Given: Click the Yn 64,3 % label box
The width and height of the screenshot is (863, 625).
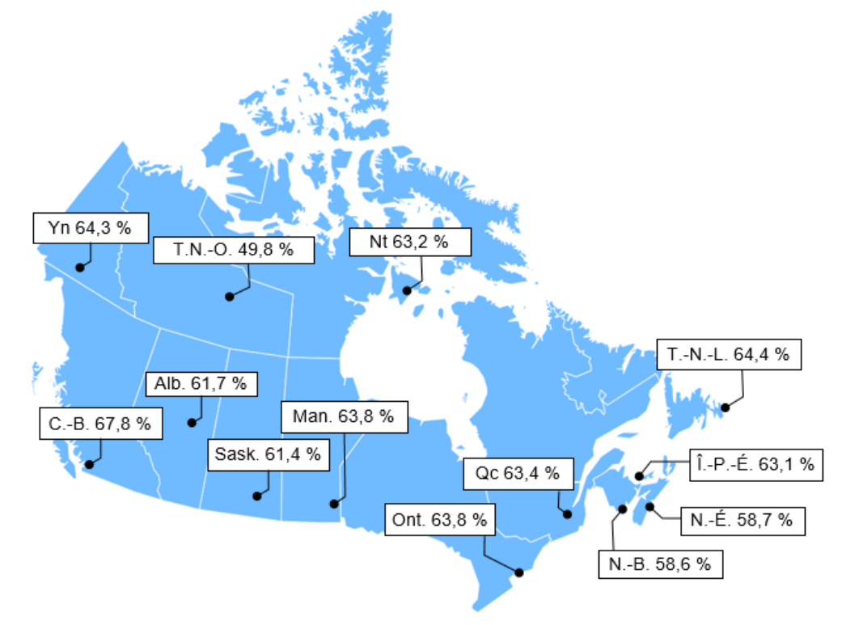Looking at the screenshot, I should click(90, 228).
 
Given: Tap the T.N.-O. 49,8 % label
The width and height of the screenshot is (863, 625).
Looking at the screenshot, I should click(234, 250).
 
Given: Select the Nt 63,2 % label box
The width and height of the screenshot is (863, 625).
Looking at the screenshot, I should click(409, 241).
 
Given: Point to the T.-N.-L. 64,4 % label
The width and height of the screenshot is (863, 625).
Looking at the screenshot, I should click(728, 354).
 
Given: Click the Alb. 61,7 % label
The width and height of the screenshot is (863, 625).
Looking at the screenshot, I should click(201, 384).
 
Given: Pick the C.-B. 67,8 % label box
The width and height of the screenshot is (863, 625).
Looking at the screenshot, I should click(100, 424).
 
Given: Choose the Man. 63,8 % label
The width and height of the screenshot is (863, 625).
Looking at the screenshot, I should click(344, 417).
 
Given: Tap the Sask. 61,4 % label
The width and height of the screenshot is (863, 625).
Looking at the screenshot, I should click(269, 454).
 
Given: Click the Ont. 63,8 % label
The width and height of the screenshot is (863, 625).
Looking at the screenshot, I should click(440, 520).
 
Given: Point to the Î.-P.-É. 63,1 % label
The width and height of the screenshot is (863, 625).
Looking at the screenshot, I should click(754, 466).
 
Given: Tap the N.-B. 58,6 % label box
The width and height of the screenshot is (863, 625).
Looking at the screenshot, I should click(661, 564).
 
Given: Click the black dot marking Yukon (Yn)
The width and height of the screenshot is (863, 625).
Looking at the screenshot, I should click(80, 267).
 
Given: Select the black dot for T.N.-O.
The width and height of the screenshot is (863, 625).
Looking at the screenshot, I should click(229, 297).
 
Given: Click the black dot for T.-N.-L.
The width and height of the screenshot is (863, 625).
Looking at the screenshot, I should click(726, 408).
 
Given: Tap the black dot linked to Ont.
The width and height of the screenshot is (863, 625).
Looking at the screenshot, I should click(518, 572).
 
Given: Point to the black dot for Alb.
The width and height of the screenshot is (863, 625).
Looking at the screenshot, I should click(192, 422).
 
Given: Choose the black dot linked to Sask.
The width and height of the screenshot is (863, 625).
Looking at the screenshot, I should click(256, 496).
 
